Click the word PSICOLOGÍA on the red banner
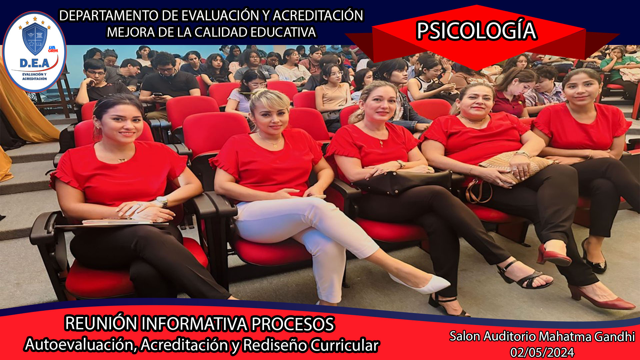(x=476, y=31)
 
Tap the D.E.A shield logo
(x=34, y=52)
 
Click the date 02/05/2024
(x=542, y=352)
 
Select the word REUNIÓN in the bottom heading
(x=101, y=323)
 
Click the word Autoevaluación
(x=80, y=345)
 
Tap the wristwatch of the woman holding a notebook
(x=162, y=201)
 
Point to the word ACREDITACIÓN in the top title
(x=318, y=16)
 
